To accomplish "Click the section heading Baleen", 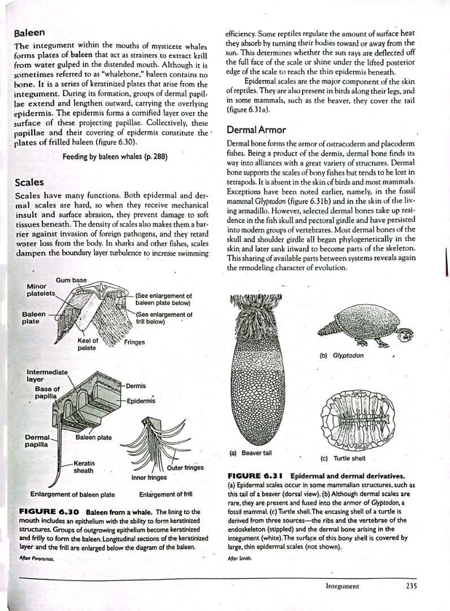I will click(29, 33).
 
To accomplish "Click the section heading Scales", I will click(29, 183).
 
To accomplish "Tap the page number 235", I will click(411, 586).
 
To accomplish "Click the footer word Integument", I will click(342, 586).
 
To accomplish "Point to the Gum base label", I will click(71, 281).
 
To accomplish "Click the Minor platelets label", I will click(41, 290).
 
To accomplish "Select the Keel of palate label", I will click(87, 344).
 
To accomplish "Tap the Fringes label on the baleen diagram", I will click(133, 342).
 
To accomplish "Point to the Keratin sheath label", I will click(84, 467).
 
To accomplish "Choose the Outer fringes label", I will click(185, 467).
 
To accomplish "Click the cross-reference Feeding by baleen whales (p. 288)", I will click(115, 156).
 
